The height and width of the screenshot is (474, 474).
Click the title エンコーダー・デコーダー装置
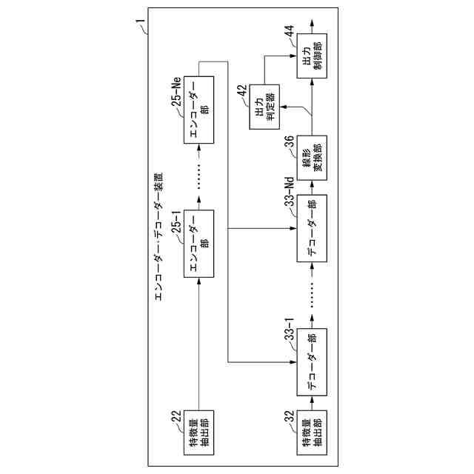158,237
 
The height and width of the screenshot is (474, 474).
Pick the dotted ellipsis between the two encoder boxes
200,178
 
